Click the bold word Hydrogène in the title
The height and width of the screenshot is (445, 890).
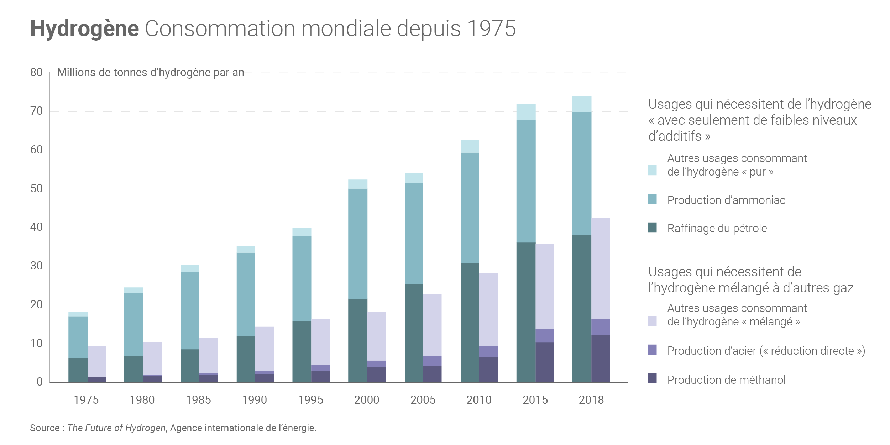pyautogui.click(x=84, y=28)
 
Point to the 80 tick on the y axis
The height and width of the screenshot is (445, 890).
pyautogui.click(x=36, y=73)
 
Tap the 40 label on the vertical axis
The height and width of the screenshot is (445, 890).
pyautogui.click(x=36, y=227)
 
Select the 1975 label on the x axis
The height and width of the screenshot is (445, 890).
pyautogui.click(x=86, y=400)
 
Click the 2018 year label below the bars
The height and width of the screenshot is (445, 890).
pyautogui.click(x=591, y=400)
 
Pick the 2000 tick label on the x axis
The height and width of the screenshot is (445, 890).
pyautogui.click(x=367, y=400)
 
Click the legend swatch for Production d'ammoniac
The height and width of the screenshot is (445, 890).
pyautogui.click(x=653, y=199)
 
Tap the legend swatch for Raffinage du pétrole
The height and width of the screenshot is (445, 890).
pyautogui.click(x=653, y=227)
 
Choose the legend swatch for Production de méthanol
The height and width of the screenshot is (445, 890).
pyautogui.click(x=653, y=378)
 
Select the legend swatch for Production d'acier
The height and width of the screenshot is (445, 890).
pyautogui.click(x=653, y=350)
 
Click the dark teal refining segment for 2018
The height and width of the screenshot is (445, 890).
pyautogui.click(x=582, y=308)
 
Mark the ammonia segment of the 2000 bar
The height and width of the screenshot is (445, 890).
pyautogui.click(x=358, y=244)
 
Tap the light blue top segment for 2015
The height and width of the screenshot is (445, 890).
pyautogui.click(x=526, y=112)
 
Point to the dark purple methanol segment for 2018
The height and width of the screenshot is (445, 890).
pyautogui.click(x=601, y=358)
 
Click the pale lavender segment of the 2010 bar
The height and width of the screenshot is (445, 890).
pyautogui.click(x=488, y=309)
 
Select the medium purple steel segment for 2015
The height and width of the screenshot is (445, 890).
pyautogui.click(x=545, y=336)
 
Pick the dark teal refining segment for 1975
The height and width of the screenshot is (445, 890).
pyautogui.click(x=78, y=370)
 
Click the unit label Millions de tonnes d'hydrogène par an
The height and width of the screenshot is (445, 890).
pyautogui.click(x=151, y=73)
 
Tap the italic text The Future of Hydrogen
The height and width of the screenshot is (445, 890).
pyautogui.click(x=116, y=428)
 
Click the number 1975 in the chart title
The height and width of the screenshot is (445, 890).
pyautogui.click(x=491, y=28)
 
